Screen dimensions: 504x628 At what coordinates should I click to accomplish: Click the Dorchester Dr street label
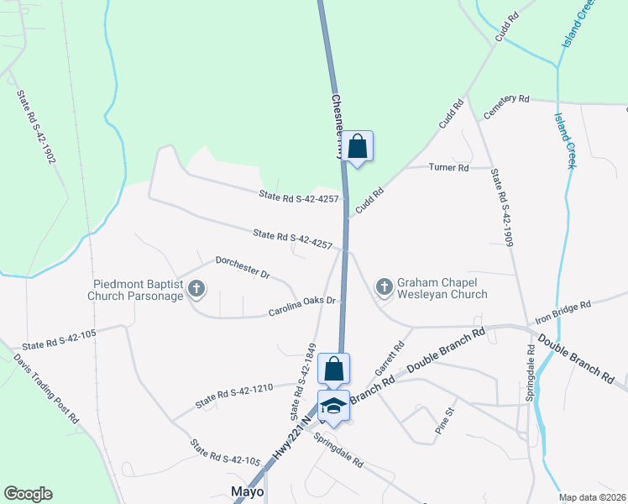point(242,267)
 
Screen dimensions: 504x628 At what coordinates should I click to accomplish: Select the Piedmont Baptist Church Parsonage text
point(136,290)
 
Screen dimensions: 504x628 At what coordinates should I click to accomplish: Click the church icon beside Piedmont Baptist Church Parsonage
point(196,290)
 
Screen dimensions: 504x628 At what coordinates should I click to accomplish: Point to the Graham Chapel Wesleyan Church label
point(442,289)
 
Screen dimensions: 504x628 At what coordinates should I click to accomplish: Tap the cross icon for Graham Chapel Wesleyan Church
point(384,288)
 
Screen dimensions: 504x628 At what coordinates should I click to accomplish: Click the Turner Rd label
point(448,168)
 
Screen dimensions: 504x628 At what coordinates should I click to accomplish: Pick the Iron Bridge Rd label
point(564,312)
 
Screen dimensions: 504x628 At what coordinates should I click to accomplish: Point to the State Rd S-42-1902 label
point(35,125)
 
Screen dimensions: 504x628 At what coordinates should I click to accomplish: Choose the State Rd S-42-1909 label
point(501,207)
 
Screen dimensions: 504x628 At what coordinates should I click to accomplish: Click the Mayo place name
point(248,491)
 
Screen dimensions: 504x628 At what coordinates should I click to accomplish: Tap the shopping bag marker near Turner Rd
point(358,146)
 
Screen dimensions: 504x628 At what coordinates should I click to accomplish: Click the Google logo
point(29,494)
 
